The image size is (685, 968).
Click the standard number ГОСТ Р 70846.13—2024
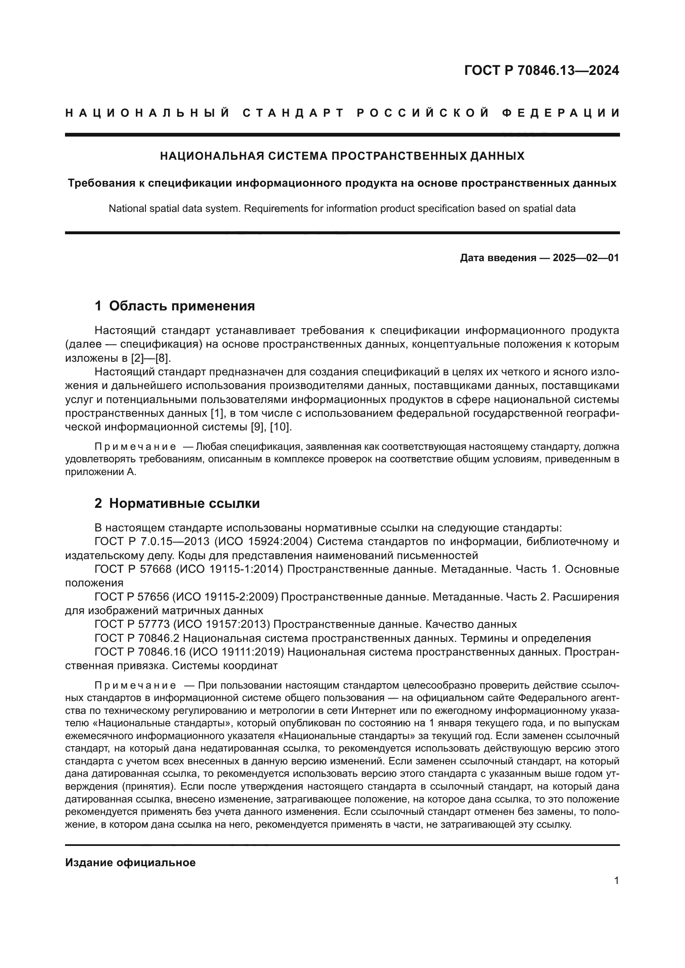(x=541, y=70)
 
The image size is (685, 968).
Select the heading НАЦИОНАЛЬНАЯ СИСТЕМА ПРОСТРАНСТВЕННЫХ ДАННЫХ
(x=342, y=156)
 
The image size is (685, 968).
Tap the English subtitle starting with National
(x=342, y=208)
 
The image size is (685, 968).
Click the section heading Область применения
(x=182, y=306)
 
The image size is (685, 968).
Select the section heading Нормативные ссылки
(x=184, y=503)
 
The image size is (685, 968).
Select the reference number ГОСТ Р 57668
(x=133, y=569)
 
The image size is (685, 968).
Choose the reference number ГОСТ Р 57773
(x=133, y=625)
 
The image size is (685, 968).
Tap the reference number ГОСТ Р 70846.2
(x=137, y=638)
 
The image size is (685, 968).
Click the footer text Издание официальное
(x=130, y=862)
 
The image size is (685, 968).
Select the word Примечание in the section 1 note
(x=135, y=447)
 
